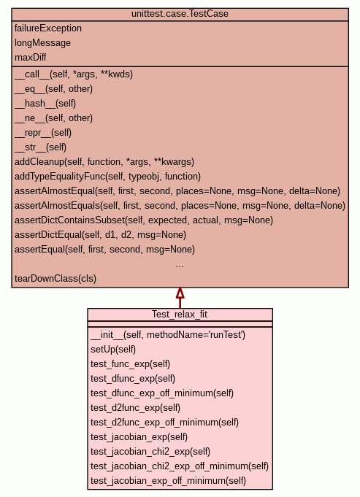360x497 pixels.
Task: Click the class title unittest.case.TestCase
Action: (x=180, y=14)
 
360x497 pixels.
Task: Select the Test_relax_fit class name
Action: (x=180, y=314)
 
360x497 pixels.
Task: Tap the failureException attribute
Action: (x=48, y=28)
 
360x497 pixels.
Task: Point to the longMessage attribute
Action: (x=42, y=43)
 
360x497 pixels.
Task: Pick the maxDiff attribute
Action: (x=31, y=58)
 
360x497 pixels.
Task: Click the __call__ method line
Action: (x=74, y=74)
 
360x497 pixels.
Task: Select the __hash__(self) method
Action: (x=45, y=104)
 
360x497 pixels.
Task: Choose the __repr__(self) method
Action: (x=43, y=133)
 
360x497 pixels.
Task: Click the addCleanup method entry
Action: (x=104, y=161)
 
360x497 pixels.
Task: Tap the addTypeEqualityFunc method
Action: (x=107, y=176)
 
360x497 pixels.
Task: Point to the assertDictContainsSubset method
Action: (x=144, y=220)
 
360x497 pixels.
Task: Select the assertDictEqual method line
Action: (x=100, y=234)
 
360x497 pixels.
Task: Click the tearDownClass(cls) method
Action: (x=55, y=278)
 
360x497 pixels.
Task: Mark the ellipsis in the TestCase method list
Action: (x=180, y=266)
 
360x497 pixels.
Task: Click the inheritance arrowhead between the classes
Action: (x=180, y=293)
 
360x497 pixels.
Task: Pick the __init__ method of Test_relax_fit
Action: (x=168, y=335)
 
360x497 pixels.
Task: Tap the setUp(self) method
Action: (x=113, y=350)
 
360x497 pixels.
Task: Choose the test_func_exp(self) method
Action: (x=131, y=364)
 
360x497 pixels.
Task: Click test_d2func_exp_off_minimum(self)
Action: (x=164, y=423)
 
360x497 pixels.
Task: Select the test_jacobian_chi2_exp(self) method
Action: (x=150, y=451)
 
